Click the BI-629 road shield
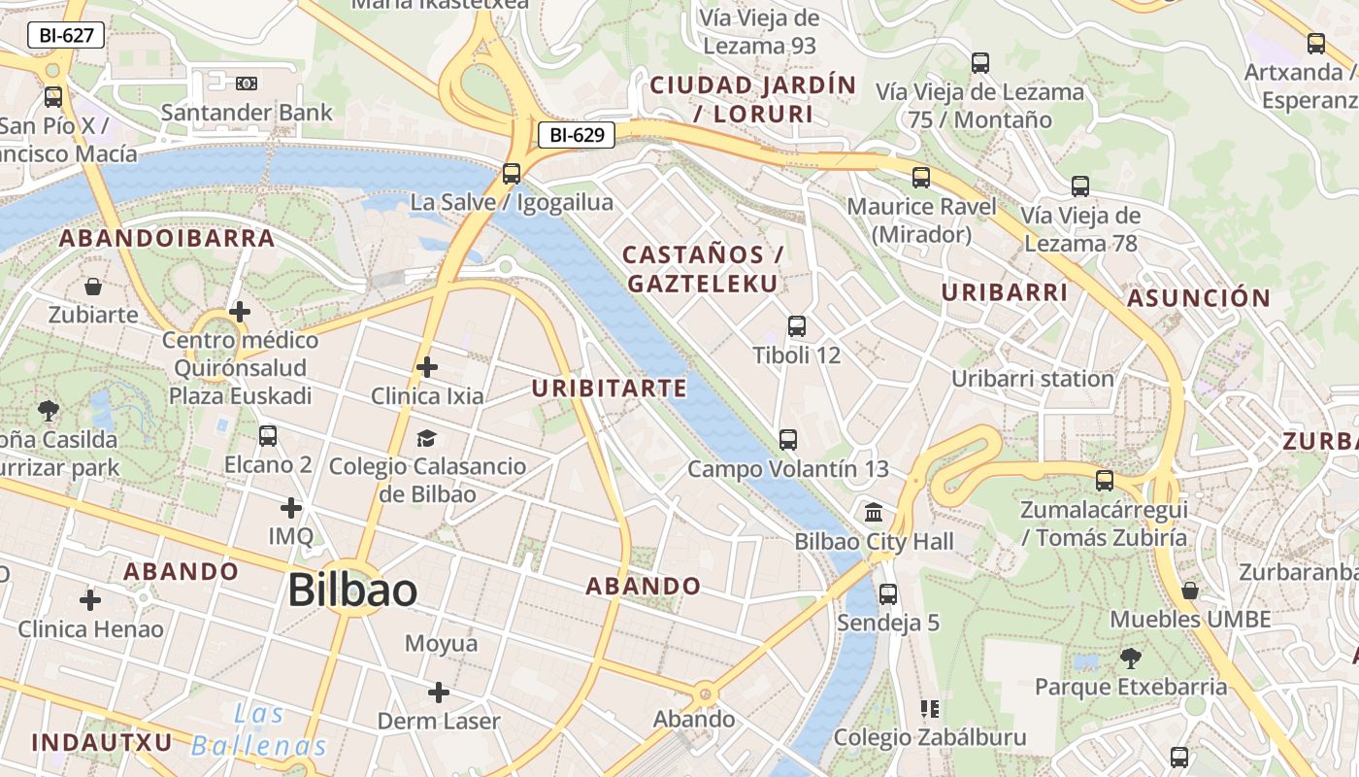pos(577,135)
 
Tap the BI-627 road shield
pos(65,36)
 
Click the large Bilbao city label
pos(352,591)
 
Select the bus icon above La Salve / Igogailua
pos(512,174)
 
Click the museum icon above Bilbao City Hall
pos(874,512)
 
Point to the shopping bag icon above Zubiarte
pos(93,287)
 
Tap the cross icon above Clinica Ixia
pos(426,367)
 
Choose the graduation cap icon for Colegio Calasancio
pos(426,438)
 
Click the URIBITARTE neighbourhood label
pos(609,388)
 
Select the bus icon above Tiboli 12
pos(797,326)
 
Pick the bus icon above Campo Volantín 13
pos(788,440)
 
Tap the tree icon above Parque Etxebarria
pos(1130,659)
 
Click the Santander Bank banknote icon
pos(247,84)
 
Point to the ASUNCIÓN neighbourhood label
pos(1199,298)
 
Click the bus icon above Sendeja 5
pos(888,593)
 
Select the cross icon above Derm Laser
pos(439,693)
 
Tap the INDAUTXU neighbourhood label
pos(102,743)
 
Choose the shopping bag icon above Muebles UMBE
pos(1190,591)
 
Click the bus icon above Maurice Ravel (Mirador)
pos(921,178)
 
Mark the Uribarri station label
pos(1032,379)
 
